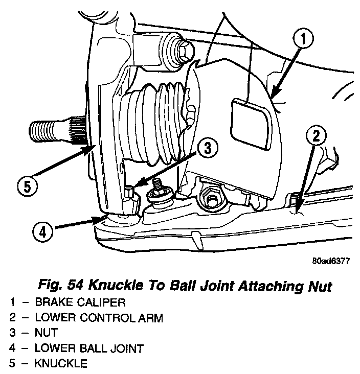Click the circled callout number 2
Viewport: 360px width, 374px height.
click(x=316, y=136)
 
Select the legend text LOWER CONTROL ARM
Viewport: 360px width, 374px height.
click(x=99, y=318)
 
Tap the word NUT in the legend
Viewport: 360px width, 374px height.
click(x=46, y=333)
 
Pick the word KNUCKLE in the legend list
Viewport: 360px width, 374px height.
click(x=61, y=364)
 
